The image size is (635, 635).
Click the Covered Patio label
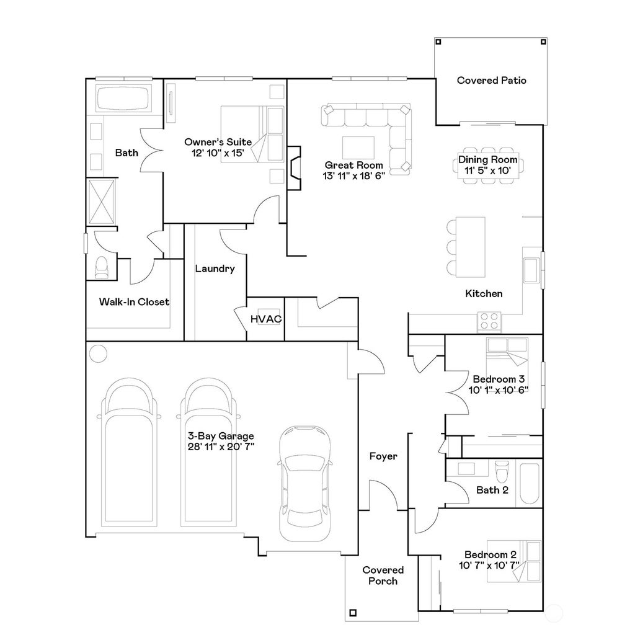click(491, 80)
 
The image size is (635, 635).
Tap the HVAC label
click(265, 319)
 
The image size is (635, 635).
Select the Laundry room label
click(215, 269)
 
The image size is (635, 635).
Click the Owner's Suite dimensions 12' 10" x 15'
click(218, 153)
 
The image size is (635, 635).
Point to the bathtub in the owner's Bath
click(123, 97)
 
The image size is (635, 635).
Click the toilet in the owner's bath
click(101, 267)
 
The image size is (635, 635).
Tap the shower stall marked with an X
click(102, 202)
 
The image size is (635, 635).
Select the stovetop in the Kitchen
click(489, 321)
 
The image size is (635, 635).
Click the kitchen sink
click(531, 270)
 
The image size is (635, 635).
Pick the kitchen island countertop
click(470, 247)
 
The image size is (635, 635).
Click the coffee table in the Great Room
click(358, 148)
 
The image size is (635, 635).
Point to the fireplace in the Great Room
click(294, 167)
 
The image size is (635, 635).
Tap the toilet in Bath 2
click(502, 471)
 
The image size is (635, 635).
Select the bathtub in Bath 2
click(530, 483)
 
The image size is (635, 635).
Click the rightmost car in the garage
click(304, 483)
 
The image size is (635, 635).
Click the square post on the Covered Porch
click(353, 613)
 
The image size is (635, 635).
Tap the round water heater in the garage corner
click(98, 353)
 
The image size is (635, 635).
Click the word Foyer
click(383, 456)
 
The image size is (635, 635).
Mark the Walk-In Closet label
click(134, 302)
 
